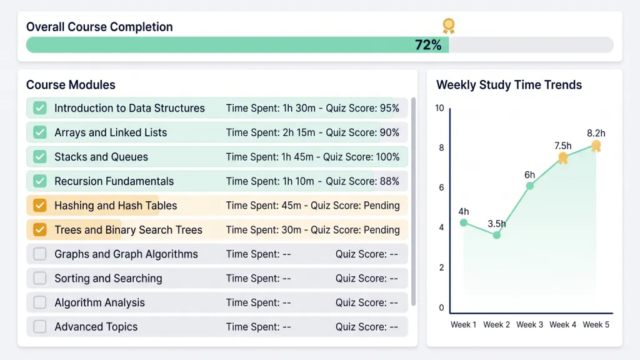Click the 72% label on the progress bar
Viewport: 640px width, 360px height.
tap(427, 45)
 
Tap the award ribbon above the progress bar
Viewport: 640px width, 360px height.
tap(449, 26)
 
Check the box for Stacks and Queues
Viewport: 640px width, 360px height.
tap(40, 157)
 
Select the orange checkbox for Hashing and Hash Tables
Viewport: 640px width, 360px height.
tap(40, 205)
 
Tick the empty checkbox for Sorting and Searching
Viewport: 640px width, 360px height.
tap(40, 278)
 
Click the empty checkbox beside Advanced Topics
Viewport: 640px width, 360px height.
tap(40, 326)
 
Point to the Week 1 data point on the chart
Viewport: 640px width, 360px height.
tap(464, 223)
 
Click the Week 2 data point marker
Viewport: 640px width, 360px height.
tap(497, 235)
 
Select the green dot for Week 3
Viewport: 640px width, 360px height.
tap(530, 186)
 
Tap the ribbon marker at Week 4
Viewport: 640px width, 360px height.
tap(563, 158)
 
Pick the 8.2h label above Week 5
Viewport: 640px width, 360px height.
tap(596, 133)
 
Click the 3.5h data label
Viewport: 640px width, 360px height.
tap(496, 224)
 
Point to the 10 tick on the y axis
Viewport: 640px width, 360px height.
tap(439, 108)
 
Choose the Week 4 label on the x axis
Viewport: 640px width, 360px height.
tap(563, 324)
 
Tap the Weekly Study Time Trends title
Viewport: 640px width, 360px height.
tap(509, 85)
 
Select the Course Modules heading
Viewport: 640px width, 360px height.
tap(71, 85)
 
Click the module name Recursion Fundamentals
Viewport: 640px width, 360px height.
tap(114, 181)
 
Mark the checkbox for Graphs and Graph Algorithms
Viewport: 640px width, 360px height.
tap(40, 254)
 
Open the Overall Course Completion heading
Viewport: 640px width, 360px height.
tap(99, 27)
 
